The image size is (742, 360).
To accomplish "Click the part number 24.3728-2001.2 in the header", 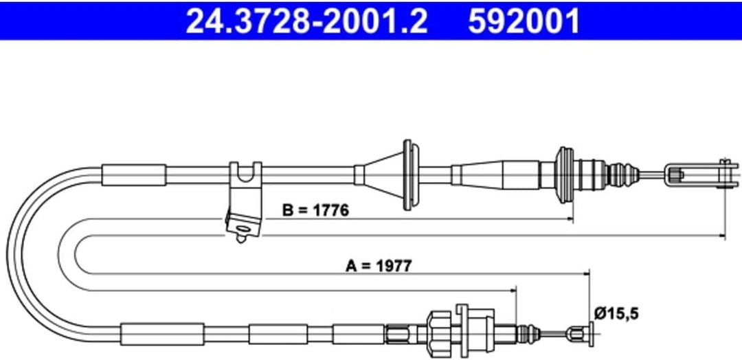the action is (306, 21).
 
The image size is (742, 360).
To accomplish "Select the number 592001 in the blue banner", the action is (524, 21).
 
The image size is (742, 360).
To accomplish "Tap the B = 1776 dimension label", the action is (315, 210).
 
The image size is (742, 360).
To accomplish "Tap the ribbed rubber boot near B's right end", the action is (565, 175).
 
